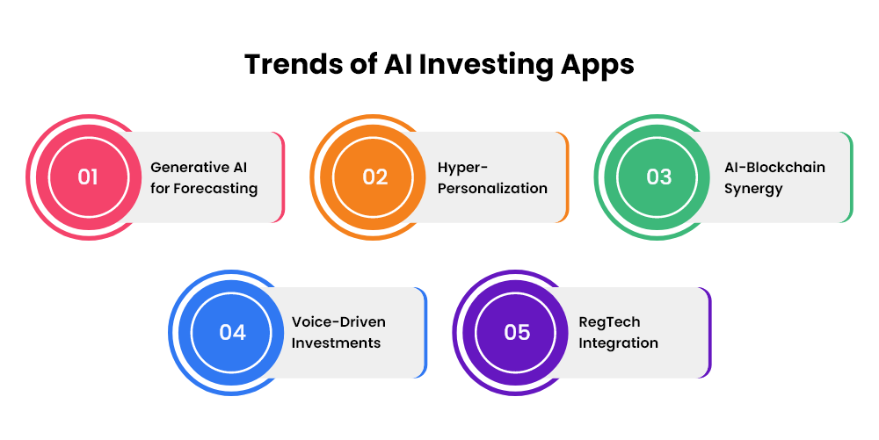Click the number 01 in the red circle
[88, 177]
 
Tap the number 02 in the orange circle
[375, 177]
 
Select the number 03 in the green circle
[658, 177]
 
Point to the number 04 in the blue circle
[233, 333]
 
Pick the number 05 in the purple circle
[517, 333]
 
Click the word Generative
[191, 168]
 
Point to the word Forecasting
[215, 189]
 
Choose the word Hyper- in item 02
[463, 169]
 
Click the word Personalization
[493, 189]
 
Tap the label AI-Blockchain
[774, 168]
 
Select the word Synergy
[753, 190]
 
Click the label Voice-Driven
[338, 322]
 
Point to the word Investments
[337, 343]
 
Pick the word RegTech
[609, 323]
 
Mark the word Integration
[618, 343]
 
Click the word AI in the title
[398, 64]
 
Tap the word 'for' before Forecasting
[160, 189]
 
